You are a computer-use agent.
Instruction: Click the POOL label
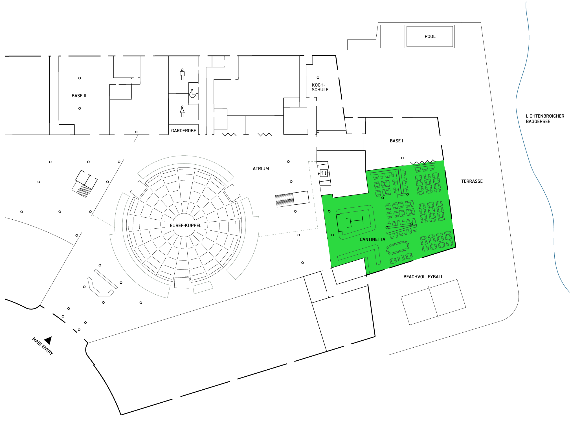tap(430, 36)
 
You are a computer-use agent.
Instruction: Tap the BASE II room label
tap(79, 96)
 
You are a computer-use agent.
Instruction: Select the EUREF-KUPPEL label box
tap(185, 225)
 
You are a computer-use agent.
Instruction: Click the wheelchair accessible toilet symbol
tap(193, 94)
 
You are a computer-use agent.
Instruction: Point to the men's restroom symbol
tap(182, 74)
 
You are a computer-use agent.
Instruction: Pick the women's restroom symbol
tap(182, 111)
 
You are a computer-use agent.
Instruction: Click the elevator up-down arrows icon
tap(324, 173)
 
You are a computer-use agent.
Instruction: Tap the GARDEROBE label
tap(183, 131)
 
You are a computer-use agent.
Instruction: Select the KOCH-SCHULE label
tap(320, 87)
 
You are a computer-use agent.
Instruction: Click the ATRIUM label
tap(261, 169)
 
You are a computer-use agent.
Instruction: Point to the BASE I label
tap(396, 141)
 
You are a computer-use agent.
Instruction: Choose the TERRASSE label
tap(472, 181)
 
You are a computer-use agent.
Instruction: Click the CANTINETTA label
tap(372, 239)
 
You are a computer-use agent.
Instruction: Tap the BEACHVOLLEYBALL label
tap(423, 277)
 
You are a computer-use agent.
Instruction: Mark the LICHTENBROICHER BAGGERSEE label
tap(545, 119)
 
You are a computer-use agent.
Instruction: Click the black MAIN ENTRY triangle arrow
tap(48, 340)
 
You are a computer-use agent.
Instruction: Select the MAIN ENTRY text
tap(42, 346)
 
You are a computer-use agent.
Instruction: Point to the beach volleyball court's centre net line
tap(433, 302)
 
